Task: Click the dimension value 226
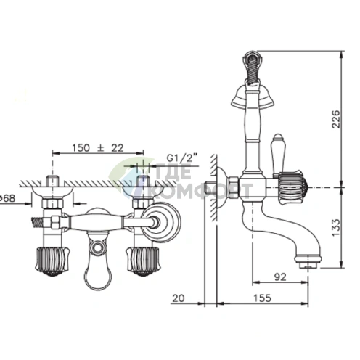click(x=335, y=119)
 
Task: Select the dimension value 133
click(x=335, y=228)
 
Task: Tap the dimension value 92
click(x=280, y=277)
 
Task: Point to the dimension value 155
click(x=263, y=298)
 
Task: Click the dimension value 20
click(x=179, y=298)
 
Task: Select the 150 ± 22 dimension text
click(x=98, y=148)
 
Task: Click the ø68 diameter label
click(x=7, y=198)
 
